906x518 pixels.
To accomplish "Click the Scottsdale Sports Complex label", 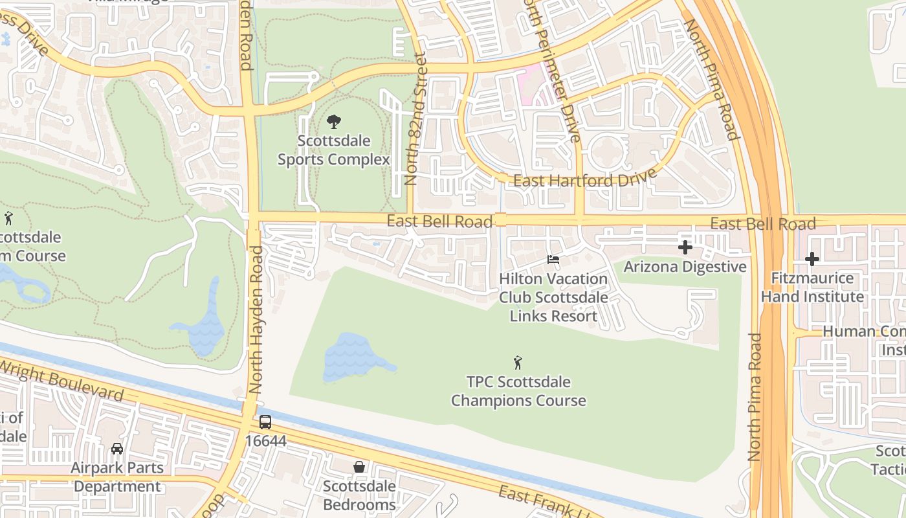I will click(x=334, y=150).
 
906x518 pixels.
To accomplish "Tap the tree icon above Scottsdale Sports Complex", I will click(x=334, y=121).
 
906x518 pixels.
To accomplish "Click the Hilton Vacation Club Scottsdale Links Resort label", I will click(x=553, y=298).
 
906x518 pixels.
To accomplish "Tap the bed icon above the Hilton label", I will click(x=553, y=260).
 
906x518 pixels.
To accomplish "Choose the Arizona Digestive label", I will click(x=685, y=267).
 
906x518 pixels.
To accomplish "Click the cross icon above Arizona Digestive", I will click(x=685, y=247).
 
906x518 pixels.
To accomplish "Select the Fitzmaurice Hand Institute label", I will click(x=812, y=287).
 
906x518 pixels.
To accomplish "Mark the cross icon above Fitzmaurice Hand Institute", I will click(x=812, y=259).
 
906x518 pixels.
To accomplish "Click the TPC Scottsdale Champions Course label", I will click(x=518, y=391).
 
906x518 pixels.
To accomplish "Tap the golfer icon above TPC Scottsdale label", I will click(x=518, y=363).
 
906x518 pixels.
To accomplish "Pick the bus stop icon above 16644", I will click(x=265, y=422).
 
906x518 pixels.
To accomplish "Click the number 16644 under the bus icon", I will click(x=265, y=441).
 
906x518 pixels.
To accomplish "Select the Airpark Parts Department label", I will click(x=117, y=477).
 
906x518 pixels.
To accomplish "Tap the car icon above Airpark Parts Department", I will click(x=117, y=448).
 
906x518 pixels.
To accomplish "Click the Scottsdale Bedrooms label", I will click(x=359, y=495).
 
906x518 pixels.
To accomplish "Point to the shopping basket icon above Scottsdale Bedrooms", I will click(x=359, y=467).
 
